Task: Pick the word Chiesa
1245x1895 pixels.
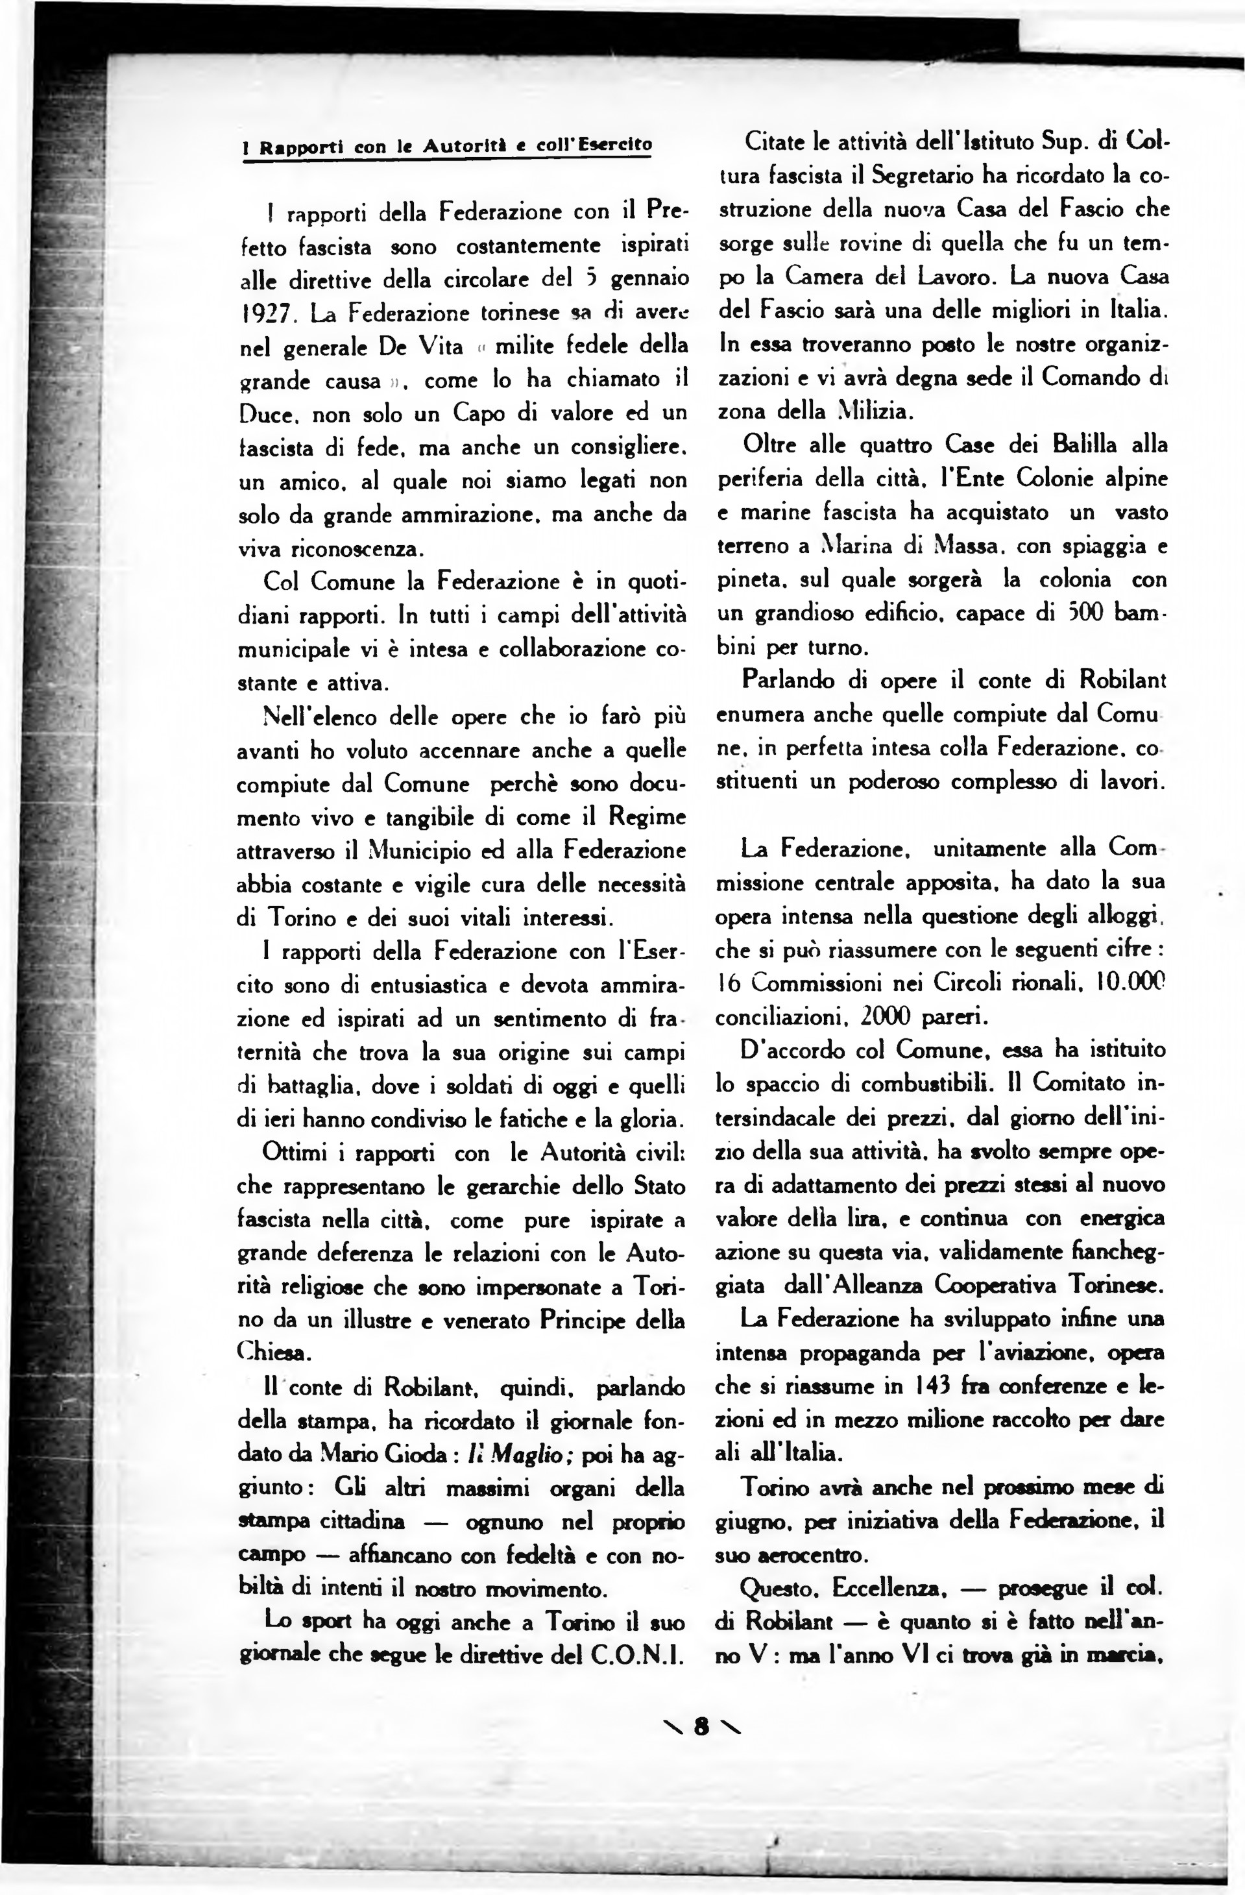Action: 267,1352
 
